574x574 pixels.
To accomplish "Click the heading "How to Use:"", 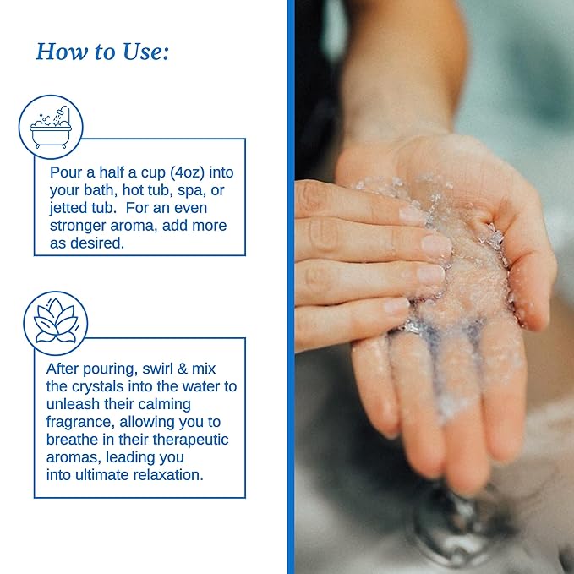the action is tap(102, 52).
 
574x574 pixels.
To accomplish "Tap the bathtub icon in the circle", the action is tap(51, 127).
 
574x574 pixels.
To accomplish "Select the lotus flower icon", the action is tap(56, 321).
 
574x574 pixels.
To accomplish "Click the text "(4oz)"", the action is tap(187, 172).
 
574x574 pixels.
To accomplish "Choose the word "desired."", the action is tap(97, 243).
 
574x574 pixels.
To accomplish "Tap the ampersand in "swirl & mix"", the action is tap(182, 369).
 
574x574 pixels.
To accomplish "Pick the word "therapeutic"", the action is tap(190, 440).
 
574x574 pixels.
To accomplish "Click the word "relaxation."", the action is tap(168, 475).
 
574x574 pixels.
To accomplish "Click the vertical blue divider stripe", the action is tap(291, 287).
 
